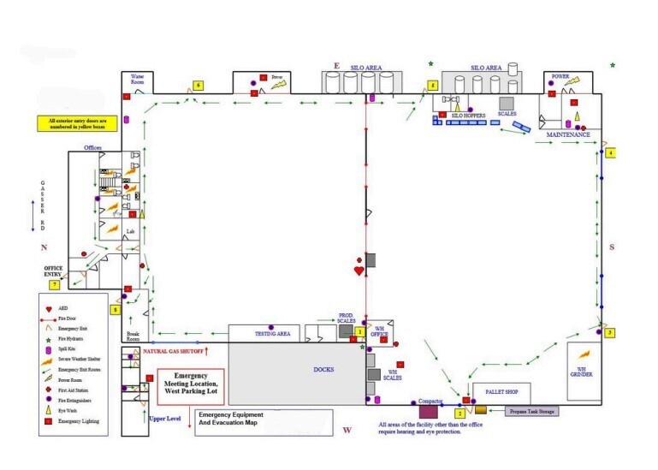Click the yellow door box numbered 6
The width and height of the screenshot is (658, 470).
(198, 85)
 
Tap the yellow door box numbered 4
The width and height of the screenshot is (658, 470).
(611, 153)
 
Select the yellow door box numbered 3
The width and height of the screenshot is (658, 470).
(610, 332)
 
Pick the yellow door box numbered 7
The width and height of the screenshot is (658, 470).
(55, 283)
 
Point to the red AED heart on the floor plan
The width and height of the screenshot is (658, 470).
(359, 271)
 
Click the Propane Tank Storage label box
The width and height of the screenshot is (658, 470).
(531, 412)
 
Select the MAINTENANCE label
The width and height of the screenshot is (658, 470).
(568, 135)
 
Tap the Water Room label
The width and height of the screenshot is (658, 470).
(138, 78)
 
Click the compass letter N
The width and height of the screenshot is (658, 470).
(44, 247)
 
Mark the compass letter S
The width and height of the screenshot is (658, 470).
(612, 247)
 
